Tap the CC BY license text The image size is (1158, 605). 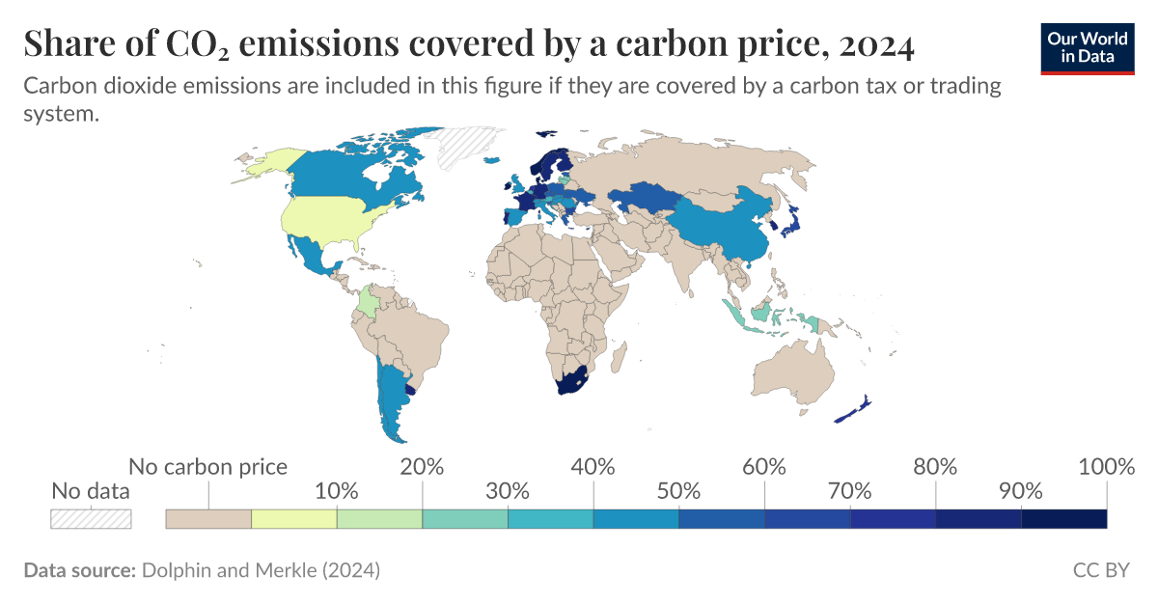[x=1100, y=570]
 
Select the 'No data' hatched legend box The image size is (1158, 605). [x=91, y=518]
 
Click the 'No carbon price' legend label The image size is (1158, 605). [x=207, y=467]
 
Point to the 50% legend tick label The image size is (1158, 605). [x=678, y=490]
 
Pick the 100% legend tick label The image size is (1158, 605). [x=1106, y=467]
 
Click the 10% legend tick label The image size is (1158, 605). [x=337, y=490]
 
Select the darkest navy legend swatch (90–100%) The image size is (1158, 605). [x=1063, y=518]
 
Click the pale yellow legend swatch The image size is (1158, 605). [x=294, y=518]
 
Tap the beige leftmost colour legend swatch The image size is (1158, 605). [x=208, y=518]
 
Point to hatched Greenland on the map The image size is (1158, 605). [x=461, y=150]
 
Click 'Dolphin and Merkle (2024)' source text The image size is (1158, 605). [x=261, y=570]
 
